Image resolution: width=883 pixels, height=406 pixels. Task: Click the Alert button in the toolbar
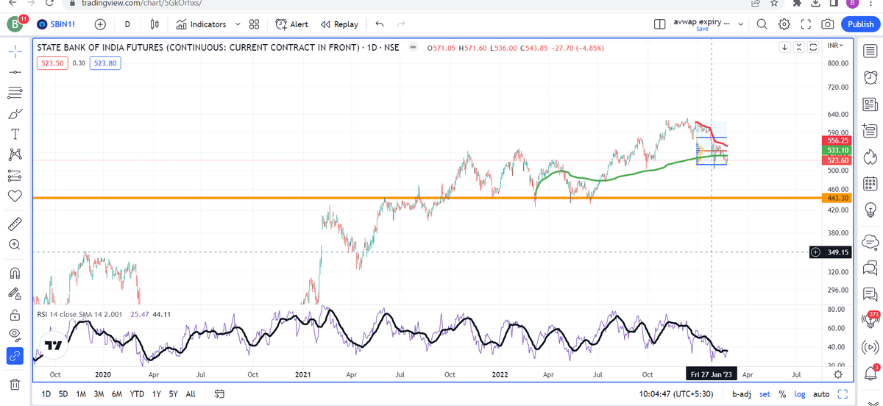(292, 24)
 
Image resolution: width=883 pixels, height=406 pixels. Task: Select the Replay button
(340, 24)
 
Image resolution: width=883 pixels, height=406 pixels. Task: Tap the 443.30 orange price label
(839, 198)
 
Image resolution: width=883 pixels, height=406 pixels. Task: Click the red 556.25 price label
(839, 140)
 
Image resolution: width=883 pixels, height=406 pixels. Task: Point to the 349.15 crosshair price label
(839, 252)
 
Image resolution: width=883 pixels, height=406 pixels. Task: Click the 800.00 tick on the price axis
(838, 63)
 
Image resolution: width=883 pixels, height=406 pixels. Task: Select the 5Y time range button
(174, 393)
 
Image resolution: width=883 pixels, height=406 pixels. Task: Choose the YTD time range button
(136, 393)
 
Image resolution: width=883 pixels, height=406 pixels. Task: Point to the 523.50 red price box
(52, 63)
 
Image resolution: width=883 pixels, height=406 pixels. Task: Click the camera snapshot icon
(828, 24)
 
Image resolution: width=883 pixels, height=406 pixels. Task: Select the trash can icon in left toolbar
(14, 384)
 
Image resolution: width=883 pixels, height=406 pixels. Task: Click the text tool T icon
(14, 135)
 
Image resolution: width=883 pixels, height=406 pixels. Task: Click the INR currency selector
(835, 46)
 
